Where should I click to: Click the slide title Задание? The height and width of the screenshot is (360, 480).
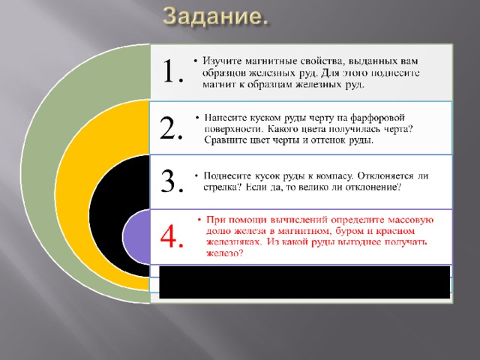click(x=215, y=16)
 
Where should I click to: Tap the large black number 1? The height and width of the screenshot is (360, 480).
click(x=173, y=71)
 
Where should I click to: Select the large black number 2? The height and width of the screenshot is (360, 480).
click(x=172, y=128)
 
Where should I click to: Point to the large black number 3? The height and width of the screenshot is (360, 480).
click(x=172, y=181)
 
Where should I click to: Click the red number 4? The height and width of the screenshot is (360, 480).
click(x=172, y=236)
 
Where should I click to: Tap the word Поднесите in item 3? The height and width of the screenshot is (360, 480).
click(x=226, y=176)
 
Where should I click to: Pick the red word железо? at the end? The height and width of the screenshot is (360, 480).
click(x=225, y=253)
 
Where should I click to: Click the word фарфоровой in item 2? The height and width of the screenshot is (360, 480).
click(x=377, y=118)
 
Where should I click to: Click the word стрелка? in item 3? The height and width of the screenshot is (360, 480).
click(x=220, y=187)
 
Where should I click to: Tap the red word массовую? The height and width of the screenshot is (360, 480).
click(x=410, y=220)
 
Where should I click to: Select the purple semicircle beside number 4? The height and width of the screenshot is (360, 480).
click(x=136, y=236)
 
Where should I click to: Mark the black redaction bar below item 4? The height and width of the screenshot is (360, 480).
click(x=304, y=282)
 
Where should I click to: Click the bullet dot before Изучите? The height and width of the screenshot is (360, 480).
click(x=196, y=61)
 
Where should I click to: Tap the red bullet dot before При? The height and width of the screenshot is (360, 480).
click(x=199, y=220)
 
